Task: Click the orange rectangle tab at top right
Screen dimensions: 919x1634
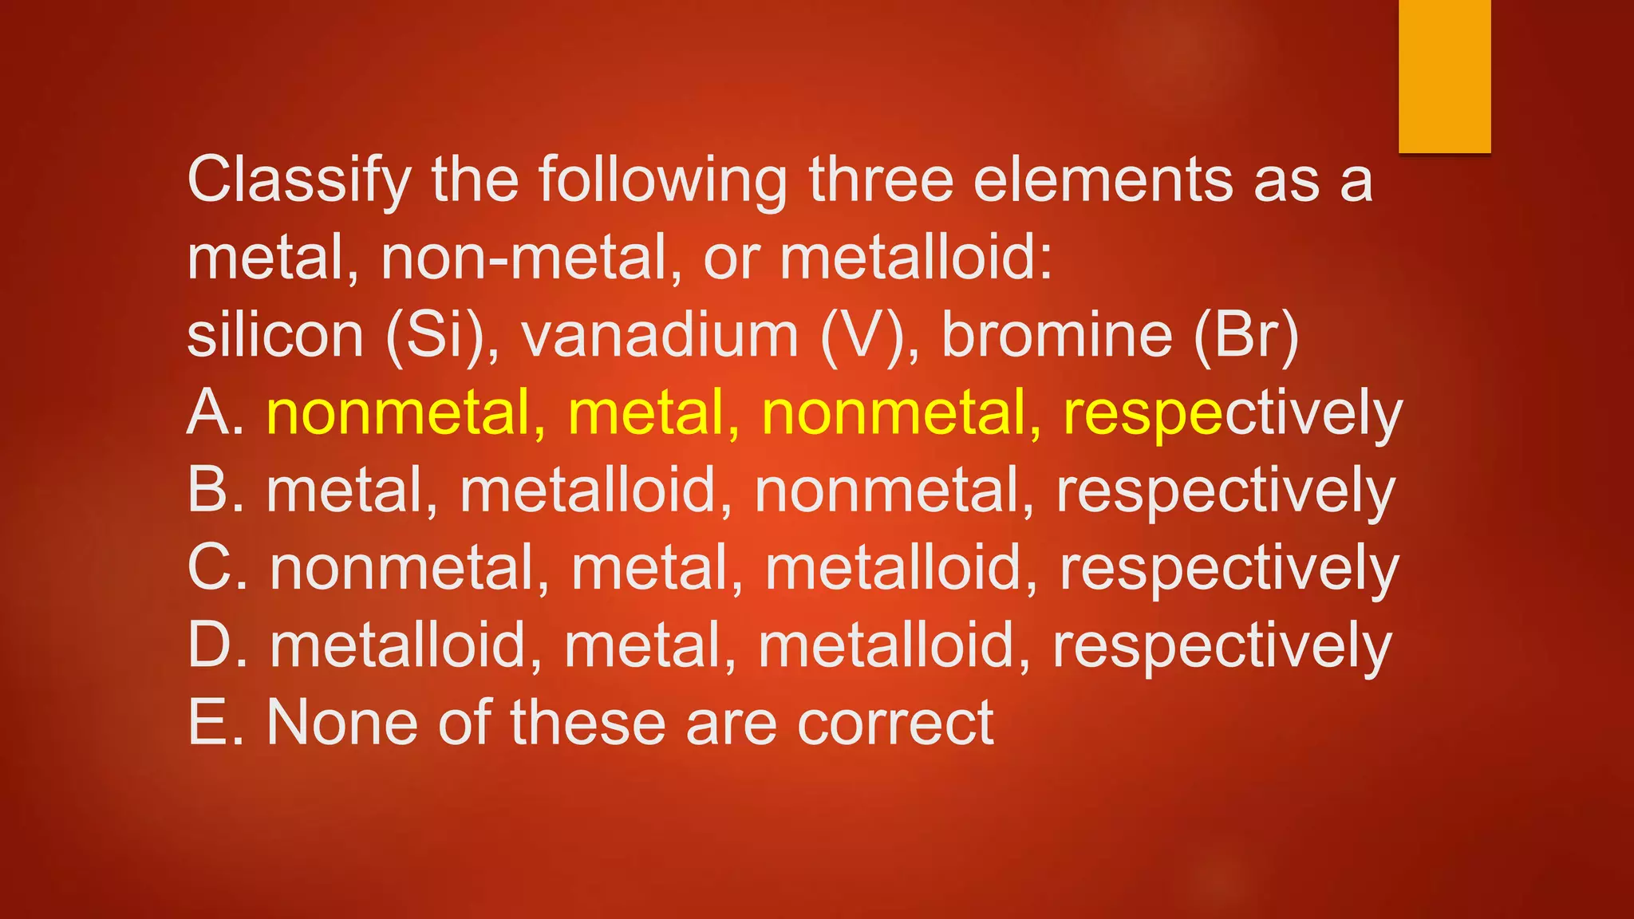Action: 1444,76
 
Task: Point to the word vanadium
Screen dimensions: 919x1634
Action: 660,335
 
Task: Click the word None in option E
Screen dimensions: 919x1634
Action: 341,723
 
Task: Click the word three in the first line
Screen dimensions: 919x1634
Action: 881,180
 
